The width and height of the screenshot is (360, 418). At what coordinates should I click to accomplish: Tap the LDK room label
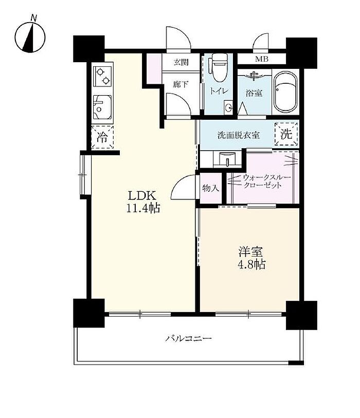pyautogui.click(x=142, y=196)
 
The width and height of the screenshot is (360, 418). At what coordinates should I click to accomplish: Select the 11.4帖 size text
pyautogui.click(x=143, y=208)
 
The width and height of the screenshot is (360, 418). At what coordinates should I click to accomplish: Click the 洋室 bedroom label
pyautogui.click(x=250, y=251)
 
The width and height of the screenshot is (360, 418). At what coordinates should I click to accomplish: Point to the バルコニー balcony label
pyautogui.click(x=189, y=339)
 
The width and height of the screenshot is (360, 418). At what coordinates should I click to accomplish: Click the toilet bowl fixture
pyautogui.click(x=220, y=67)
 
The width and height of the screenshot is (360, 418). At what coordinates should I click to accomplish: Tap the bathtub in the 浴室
pyautogui.click(x=285, y=92)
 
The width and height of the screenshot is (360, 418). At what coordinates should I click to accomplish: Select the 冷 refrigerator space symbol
pyautogui.click(x=102, y=137)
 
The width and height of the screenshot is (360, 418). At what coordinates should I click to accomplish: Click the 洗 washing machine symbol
pyautogui.click(x=286, y=134)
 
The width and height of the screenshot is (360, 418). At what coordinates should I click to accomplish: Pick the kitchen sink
pyautogui.click(x=102, y=107)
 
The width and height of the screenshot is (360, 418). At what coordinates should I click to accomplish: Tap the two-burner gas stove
pyautogui.click(x=103, y=76)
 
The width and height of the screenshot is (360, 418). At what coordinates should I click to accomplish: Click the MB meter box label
pyautogui.click(x=262, y=59)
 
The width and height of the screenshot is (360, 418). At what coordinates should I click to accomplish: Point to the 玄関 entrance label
pyautogui.click(x=181, y=62)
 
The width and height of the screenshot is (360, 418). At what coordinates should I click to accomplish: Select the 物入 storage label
pyautogui.click(x=211, y=188)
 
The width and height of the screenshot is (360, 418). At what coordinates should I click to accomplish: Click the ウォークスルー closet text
pyautogui.click(x=266, y=177)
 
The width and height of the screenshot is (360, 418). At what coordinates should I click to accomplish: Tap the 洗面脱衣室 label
pyautogui.click(x=239, y=135)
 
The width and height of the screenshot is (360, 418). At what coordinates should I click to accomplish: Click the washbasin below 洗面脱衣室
pyautogui.click(x=227, y=160)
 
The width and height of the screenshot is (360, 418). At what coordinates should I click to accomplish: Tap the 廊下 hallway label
pyautogui.click(x=181, y=84)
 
